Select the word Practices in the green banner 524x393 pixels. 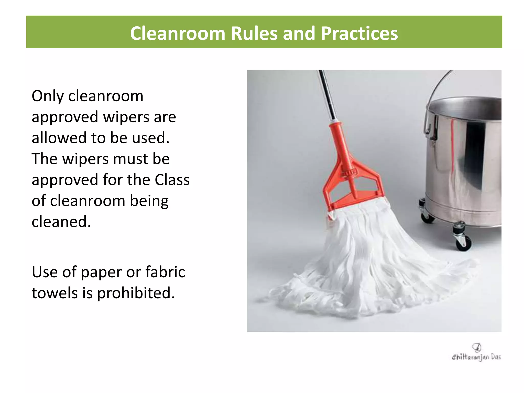tap(359, 33)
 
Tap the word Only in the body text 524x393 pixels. tap(48, 96)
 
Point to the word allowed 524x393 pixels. tap(59, 138)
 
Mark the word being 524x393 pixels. tap(149, 201)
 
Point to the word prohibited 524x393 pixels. tap(136, 293)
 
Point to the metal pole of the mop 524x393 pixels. tap(327, 95)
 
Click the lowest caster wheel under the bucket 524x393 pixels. tap(463, 243)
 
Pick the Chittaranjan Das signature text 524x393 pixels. tap(476, 357)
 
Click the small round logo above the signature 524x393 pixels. tap(477, 347)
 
